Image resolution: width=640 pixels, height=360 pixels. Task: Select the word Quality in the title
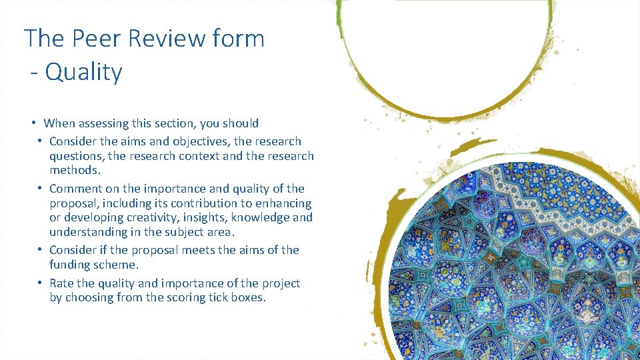[84, 72]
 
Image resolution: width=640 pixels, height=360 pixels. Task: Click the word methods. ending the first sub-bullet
[75, 170]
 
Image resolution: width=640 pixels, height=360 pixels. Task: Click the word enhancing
[287, 203]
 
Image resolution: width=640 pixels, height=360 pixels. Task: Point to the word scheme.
[118, 265]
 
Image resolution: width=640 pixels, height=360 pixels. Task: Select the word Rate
[63, 283]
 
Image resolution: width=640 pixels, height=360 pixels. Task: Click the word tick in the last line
[205, 298]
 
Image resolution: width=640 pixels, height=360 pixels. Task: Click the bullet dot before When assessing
[33, 123]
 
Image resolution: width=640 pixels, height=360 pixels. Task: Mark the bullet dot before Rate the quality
[40, 283]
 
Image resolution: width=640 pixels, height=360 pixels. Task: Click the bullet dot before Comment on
[40, 189]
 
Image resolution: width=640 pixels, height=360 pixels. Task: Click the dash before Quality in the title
[35, 72]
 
